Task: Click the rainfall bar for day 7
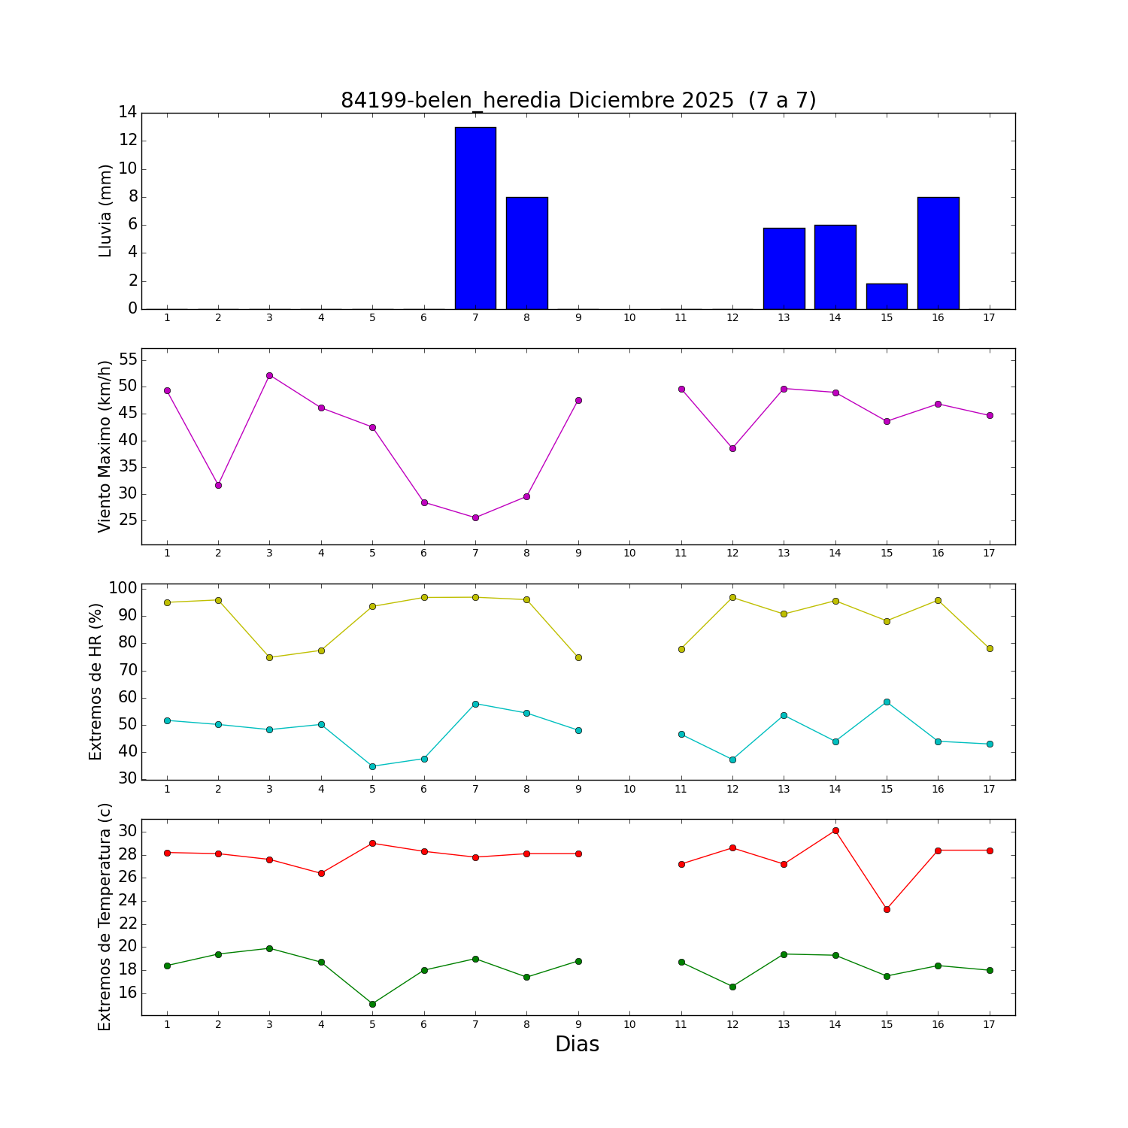(475, 218)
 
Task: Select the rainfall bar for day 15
(887, 296)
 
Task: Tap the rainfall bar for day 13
(784, 268)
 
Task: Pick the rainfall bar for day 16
(938, 253)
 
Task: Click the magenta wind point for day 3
(269, 375)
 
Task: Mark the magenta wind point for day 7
(475, 517)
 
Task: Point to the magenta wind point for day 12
(732, 448)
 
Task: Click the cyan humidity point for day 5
(372, 766)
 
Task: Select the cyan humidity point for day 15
(887, 702)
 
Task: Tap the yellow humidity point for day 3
(269, 657)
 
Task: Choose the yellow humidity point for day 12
(732, 597)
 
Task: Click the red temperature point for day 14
(835, 830)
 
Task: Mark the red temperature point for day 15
(887, 909)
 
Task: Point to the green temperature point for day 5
(372, 1004)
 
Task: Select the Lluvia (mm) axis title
(105, 211)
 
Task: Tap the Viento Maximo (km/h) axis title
(105, 446)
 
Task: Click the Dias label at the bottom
(577, 1044)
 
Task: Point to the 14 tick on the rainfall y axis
(127, 113)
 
